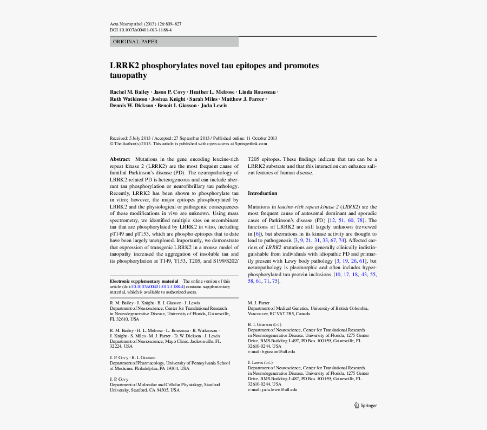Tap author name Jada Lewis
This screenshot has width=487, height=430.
[x=214, y=106]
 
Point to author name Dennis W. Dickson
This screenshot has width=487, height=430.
[x=131, y=106]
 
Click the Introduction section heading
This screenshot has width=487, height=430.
[x=262, y=193]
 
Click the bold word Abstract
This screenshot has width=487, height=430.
[x=120, y=159]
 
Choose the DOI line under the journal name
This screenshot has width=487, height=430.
[x=141, y=30]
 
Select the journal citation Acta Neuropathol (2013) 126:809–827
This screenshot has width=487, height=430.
[x=146, y=24]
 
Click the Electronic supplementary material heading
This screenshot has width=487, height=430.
[x=144, y=281]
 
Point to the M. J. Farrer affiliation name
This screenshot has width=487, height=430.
[x=259, y=303]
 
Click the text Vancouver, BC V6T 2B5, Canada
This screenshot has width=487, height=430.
[x=279, y=314]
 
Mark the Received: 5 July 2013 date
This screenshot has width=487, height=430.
[x=130, y=138]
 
